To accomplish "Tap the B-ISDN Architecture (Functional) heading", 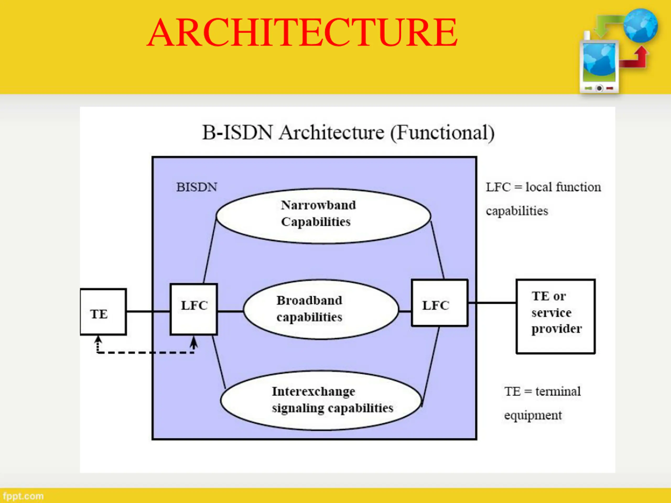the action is click(x=348, y=133).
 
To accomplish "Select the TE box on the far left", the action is click(x=103, y=312).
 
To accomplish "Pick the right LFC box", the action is click(x=440, y=303).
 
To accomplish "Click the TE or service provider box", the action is click(x=556, y=316).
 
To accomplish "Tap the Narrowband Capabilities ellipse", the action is click(x=323, y=216).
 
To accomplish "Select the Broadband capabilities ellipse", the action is click(x=321, y=309).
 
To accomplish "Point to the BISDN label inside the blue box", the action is click(x=197, y=187).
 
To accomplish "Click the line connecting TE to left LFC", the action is click(x=148, y=311).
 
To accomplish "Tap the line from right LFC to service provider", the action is click(x=492, y=303).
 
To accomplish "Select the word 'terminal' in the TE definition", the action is click(x=558, y=391).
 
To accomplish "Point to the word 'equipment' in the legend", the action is click(x=533, y=415).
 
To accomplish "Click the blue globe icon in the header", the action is click(x=640, y=25).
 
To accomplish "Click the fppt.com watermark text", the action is click(x=23, y=496).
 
